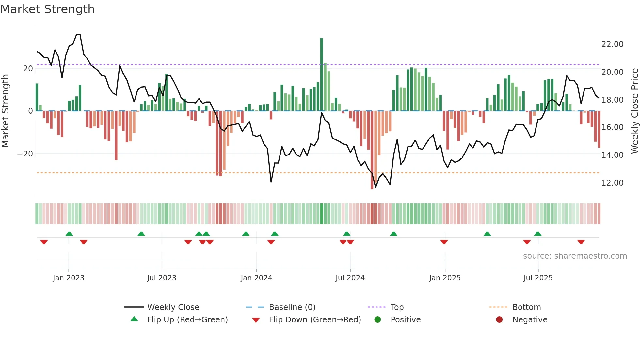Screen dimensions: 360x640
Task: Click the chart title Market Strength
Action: (x=48, y=9)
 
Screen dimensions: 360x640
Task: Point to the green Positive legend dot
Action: (x=378, y=320)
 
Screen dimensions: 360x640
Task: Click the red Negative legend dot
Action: (x=499, y=320)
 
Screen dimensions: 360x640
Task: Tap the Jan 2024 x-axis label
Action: (x=256, y=278)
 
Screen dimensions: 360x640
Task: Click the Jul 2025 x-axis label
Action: (x=538, y=278)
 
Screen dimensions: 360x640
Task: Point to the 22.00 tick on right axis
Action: (x=612, y=44)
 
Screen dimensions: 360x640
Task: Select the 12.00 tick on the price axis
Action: (x=612, y=183)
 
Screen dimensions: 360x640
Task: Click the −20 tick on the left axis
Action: (x=25, y=154)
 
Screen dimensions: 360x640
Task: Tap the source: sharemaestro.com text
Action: (x=575, y=256)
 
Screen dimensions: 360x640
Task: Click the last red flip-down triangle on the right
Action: (x=581, y=242)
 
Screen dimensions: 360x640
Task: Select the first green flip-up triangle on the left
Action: (x=69, y=234)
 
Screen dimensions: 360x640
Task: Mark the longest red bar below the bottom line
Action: (x=372, y=150)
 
